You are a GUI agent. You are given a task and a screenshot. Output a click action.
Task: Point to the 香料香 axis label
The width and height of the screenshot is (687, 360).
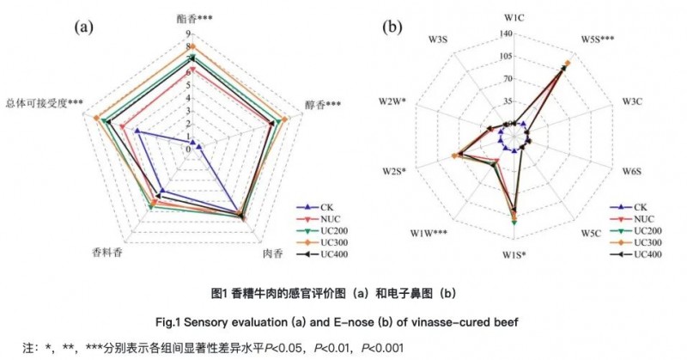tap(109, 253)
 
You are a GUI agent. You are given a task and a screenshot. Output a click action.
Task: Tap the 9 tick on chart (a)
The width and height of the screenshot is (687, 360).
tap(186, 35)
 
